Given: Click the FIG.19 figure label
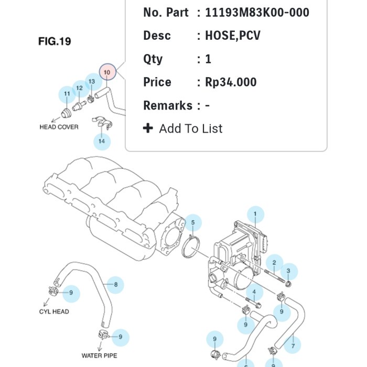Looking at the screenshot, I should [x=55, y=41].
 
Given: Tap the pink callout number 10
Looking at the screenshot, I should [x=107, y=71].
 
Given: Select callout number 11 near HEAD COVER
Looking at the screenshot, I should [x=67, y=94].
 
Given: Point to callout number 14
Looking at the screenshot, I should [x=102, y=141].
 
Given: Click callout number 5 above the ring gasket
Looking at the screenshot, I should [x=192, y=223].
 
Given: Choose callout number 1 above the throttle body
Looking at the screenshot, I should [x=255, y=213].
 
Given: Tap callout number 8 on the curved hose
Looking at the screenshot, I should [x=115, y=285].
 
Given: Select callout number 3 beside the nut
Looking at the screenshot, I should [x=288, y=271].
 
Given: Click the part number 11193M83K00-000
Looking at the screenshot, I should [x=257, y=12].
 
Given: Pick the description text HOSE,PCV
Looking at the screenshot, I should [x=233, y=36].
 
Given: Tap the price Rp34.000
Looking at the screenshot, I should [x=231, y=82].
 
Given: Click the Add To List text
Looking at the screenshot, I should [x=190, y=128].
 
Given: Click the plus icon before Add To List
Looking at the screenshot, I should [x=148, y=128].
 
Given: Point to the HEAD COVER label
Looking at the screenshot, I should [x=59, y=127].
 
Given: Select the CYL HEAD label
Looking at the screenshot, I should [x=54, y=311].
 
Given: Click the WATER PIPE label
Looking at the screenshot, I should [x=99, y=355].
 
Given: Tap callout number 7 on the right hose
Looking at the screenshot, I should [x=293, y=346].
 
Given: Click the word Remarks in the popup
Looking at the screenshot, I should [x=167, y=105].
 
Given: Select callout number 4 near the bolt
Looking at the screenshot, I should [x=254, y=292].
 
